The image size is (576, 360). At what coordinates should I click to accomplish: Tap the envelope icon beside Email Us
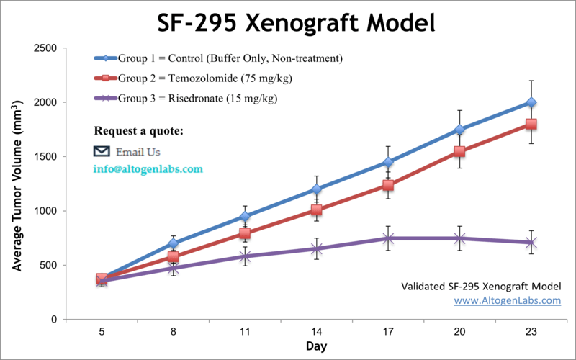pyautogui.click(x=102, y=151)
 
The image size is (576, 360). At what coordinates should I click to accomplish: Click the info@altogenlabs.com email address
pyautogui.click(x=148, y=169)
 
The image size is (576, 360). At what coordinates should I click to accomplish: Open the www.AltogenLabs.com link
pyautogui.click(x=507, y=300)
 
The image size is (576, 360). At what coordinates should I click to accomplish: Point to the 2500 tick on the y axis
pyautogui.click(x=48, y=48)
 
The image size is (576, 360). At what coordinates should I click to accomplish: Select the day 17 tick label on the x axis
pyautogui.click(x=388, y=333)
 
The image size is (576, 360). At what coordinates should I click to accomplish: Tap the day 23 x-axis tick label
pyautogui.click(x=531, y=333)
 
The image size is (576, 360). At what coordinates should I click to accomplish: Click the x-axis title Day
pyautogui.click(x=316, y=347)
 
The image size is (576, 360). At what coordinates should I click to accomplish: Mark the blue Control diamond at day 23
pyautogui.click(x=531, y=102)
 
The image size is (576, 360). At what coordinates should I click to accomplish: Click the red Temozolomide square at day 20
pyautogui.click(x=459, y=151)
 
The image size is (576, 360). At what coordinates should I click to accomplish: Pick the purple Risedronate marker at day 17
pyautogui.click(x=388, y=238)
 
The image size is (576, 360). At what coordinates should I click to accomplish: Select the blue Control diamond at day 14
pyautogui.click(x=316, y=189)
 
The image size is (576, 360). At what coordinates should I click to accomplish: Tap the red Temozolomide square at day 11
pyautogui.click(x=245, y=233)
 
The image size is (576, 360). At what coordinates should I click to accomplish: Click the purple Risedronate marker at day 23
pyautogui.click(x=531, y=243)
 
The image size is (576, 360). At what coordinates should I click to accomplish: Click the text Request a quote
pyautogui.click(x=138, y=131)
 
